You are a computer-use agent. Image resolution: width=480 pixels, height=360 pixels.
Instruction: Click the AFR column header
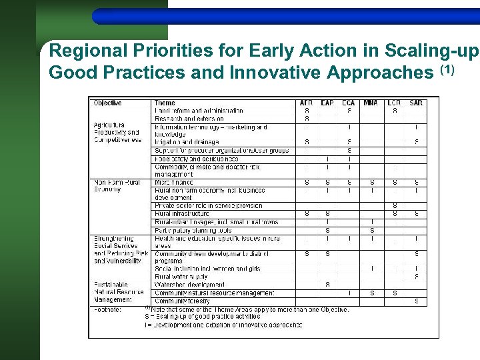tap(307, 103)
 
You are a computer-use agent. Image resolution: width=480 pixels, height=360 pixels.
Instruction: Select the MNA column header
tap(371, 103)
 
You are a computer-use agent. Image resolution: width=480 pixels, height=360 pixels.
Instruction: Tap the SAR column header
tap(416, 103)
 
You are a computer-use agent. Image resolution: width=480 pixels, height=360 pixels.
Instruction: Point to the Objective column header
tap(108, 103)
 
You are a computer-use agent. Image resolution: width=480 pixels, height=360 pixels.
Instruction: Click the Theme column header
tap(165, 103)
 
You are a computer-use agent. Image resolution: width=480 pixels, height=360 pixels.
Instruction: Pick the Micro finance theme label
tap(174, 182)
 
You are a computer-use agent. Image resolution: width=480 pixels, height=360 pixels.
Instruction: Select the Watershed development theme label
tap(189, 285)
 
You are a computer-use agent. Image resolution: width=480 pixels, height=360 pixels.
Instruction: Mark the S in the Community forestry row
tap(416, 301)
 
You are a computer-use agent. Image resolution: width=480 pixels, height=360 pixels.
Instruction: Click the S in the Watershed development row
tap(327, 285)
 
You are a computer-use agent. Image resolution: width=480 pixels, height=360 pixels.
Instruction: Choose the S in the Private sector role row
tap(395, 206)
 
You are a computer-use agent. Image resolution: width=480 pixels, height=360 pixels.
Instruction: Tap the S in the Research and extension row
tap(307, 119)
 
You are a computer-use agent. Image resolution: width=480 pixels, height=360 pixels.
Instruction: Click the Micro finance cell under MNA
tap(371, 182)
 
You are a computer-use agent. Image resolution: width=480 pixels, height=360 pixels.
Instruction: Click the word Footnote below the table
tap(107, 309)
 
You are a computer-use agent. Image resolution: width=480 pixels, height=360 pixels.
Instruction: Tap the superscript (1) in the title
tap(447, 69)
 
